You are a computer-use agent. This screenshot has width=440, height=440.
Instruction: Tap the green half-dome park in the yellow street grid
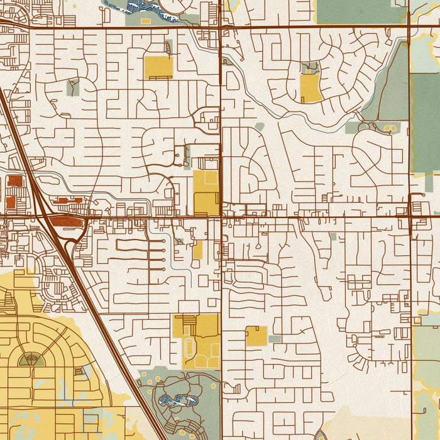(x=30, y=360)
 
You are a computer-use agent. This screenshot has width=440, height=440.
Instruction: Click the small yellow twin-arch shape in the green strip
(x=389, y=128)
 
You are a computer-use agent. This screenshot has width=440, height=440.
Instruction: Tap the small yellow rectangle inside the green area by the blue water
(x=146, y=21)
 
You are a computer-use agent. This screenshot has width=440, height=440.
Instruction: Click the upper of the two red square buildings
(x=14, y=181)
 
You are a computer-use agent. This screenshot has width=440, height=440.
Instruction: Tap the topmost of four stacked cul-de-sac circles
(x=165, y=241)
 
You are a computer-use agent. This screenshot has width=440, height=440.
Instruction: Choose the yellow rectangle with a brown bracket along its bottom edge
(x=158, y=67)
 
